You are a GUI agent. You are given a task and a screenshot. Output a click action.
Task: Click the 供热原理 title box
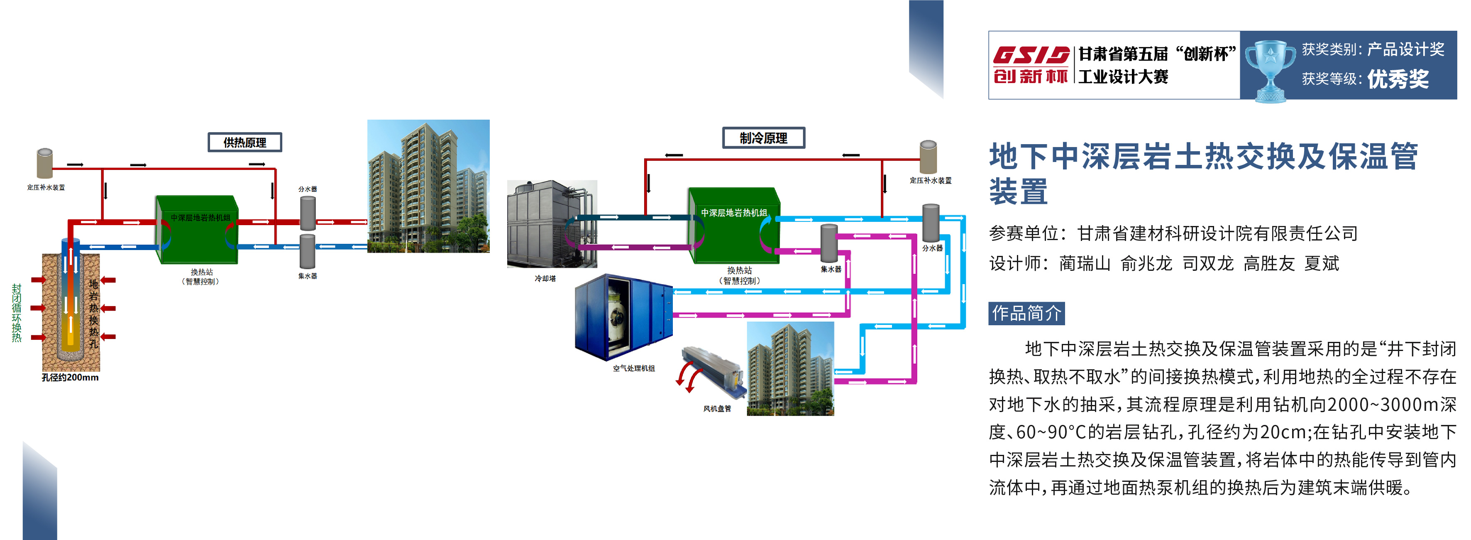pos(244,142)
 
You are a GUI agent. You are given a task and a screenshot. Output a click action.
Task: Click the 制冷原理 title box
pos(763,138)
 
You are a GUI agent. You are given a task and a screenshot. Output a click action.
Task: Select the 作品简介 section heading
pos(1026,313)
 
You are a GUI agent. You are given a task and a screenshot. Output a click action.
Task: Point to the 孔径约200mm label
pos(70,377)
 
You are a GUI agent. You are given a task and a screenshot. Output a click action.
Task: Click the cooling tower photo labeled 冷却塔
pos(552,224)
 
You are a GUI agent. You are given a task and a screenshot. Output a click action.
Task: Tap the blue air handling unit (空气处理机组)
pos(623,317)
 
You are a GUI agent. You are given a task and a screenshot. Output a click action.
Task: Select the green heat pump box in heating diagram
pos(197,230)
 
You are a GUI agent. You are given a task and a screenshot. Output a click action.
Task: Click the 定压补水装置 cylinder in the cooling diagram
pos(929,157)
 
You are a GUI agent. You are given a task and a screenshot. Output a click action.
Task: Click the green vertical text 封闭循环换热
pos(17,313)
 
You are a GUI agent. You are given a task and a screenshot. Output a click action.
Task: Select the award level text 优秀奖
pos(1398,79)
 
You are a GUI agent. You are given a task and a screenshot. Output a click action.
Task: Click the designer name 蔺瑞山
pos(1085,263)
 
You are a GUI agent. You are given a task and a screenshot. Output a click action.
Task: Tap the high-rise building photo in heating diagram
pos(428,186)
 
